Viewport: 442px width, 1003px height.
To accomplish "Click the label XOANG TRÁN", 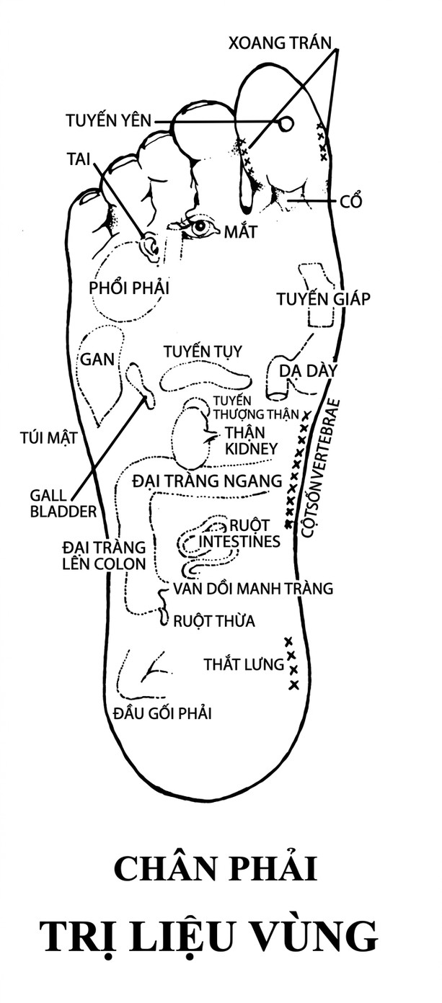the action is click(279, 43).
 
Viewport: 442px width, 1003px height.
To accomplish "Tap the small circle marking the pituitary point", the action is click(286, 122).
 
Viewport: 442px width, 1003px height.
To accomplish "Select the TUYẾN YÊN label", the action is click(108, 120).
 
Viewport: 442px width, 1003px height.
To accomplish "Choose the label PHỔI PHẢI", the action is click(129, 287).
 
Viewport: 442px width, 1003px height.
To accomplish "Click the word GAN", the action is click(97, 359).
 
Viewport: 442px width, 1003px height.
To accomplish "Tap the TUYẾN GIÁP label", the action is click(323, 298).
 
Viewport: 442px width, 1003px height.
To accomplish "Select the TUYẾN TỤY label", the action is click(203, 351).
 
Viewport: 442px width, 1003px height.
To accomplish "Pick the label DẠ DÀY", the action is click(307, 371).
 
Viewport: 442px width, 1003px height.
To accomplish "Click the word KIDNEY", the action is click(251, 449).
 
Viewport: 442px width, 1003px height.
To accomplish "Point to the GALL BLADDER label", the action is click(63, 503).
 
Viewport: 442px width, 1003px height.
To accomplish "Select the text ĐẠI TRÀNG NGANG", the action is click(207, 481).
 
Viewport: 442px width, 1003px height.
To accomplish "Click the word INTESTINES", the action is click(239, 541).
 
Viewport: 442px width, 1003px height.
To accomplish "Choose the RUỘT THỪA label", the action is click(214, 621).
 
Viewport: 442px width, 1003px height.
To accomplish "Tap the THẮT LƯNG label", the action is click(244, 664).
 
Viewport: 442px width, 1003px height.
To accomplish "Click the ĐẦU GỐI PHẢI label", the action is click(162, 713).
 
